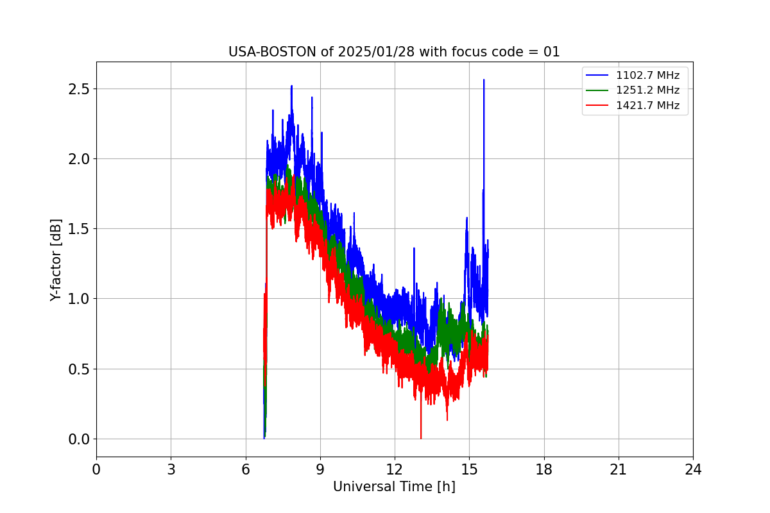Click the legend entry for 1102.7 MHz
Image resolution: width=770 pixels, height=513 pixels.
coord(647,75)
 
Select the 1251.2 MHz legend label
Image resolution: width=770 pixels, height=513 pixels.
coord(647,90)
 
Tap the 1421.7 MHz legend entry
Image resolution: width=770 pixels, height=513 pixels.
coord(647,105)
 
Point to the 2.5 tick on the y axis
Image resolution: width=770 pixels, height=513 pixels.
coord(78,88)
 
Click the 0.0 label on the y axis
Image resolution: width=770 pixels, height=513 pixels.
coord(78,439)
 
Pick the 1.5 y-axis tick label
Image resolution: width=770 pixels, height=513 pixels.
coord(78,229)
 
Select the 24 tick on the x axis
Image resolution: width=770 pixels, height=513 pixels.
coord(693,469)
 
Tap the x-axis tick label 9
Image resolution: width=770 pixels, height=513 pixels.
coord(320,469)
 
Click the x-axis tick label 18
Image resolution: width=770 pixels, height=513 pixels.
coord(544,469)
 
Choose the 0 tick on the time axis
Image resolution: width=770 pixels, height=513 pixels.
coord(96,469)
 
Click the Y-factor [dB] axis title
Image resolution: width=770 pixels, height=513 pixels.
coord(56,260)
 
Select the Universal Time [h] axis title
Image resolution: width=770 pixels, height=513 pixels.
coord(394,487)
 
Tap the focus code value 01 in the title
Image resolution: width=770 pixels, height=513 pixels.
coord(552,52)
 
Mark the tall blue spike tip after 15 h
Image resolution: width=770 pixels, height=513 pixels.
coord(484,80)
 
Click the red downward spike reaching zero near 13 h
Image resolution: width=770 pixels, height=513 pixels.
coord(421,437)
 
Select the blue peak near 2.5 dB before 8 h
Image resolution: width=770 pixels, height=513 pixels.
coord(291,86)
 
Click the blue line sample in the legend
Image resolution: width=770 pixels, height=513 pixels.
coord(598,75)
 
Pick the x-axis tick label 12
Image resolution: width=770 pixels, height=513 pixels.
coord(395,469)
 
